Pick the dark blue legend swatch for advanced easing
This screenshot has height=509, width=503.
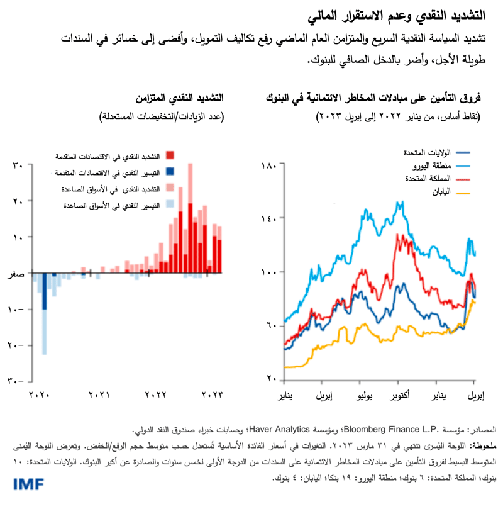pos(170,172)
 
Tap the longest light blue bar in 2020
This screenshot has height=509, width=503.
pos(44,315)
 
